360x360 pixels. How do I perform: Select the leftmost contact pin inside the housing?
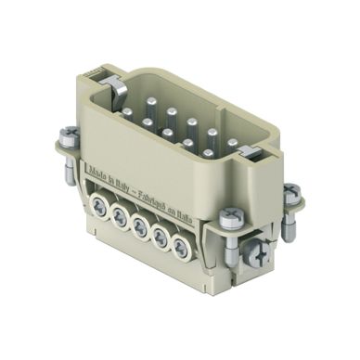127,113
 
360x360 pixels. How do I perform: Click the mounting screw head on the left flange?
67,135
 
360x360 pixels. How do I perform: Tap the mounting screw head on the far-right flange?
291,194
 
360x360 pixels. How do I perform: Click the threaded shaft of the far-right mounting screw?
288,223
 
